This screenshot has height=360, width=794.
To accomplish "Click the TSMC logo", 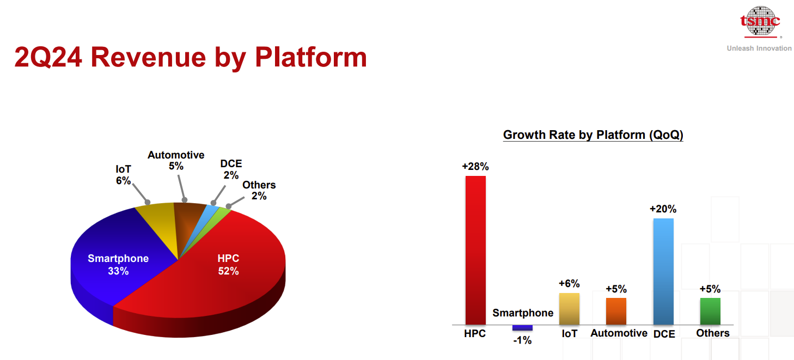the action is [x=760, y=22].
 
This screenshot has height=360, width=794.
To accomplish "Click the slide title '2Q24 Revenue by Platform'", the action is [x=191, y=57].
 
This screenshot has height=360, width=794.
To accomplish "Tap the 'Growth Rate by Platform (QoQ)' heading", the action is [x=593, y=135].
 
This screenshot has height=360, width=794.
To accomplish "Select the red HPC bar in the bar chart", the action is [x=475, y=250].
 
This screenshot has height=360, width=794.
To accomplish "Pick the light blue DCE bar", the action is [x=663, y=271].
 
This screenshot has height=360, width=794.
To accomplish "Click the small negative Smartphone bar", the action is [x=522, y=328].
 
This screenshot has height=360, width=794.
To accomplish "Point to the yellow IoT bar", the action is [x=569, y=309].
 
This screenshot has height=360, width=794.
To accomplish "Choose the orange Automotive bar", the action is [x=616, y=312].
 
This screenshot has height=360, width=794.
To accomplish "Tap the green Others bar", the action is [x=710, y=312].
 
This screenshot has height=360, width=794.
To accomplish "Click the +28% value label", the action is [x=475, y=167].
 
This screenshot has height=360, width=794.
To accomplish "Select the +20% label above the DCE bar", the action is [x=663, y=209].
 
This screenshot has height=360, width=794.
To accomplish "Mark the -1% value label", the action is [x=522, y=340].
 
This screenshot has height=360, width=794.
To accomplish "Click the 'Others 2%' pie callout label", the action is [x=259, y=190].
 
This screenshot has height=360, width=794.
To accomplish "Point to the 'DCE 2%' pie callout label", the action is [x=231, y=169].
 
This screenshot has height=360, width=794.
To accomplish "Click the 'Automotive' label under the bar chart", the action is [x=619, y=333].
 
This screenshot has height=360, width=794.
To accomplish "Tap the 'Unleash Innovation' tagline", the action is [x=759, y=48].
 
